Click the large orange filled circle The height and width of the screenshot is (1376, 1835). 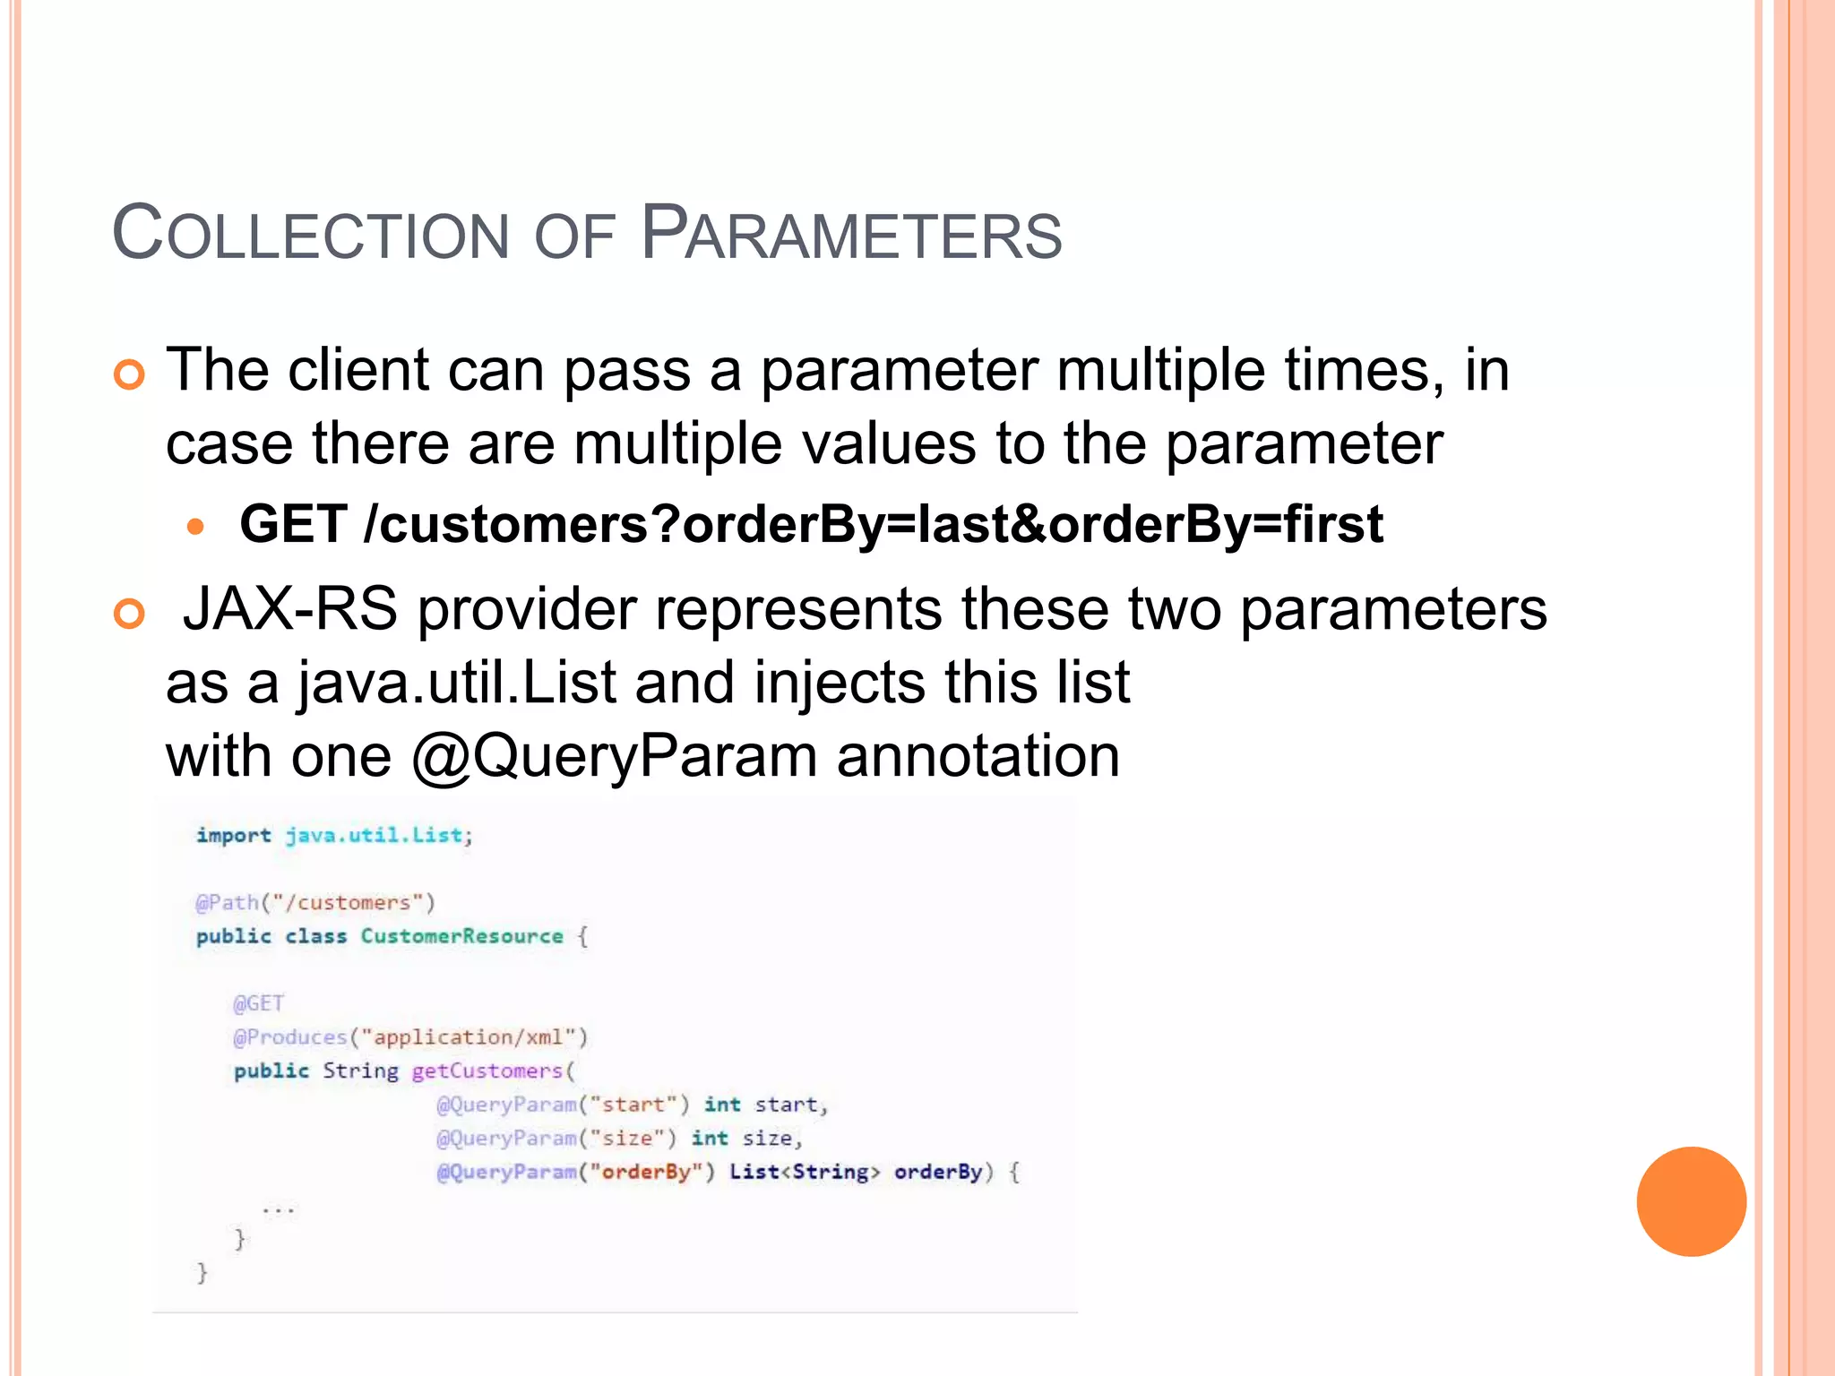1691,1201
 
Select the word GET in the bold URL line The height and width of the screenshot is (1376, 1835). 293,524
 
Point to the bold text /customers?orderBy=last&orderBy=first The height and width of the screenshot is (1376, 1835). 874,524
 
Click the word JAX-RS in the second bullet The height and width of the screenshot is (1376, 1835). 289,609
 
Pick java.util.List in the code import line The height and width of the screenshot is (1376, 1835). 375,835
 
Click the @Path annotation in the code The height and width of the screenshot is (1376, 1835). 227,902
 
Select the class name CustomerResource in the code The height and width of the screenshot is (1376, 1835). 461,936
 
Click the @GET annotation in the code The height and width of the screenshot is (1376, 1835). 258,1003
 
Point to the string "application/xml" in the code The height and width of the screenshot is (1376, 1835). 469,1037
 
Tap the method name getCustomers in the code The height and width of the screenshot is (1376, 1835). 487,1071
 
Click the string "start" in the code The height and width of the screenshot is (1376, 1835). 633,1105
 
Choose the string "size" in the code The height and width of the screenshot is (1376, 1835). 627,1138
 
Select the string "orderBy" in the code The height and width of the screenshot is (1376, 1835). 646,1172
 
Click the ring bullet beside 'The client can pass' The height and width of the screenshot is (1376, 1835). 130,374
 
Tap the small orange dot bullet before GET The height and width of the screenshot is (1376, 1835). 196,526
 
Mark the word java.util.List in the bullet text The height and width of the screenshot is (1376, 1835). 457,683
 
